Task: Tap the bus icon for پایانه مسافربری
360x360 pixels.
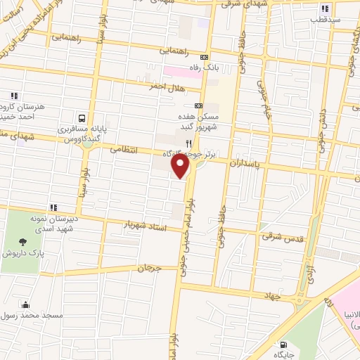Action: tap(83, 119)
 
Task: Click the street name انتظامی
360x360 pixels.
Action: tap(127, 150)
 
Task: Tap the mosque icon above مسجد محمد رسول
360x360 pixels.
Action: tap(25, 304)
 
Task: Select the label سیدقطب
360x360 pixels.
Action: tap(327, 20)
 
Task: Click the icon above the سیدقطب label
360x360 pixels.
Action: tap(325, 9)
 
